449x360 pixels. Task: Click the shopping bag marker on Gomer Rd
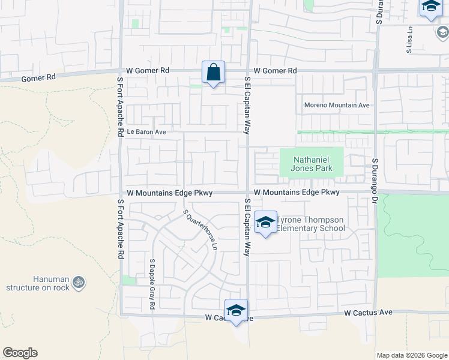(213, 73)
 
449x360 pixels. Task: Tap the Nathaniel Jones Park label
(312, 164)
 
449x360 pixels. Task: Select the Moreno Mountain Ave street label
(337, 105)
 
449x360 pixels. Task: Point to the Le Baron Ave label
(145, 131)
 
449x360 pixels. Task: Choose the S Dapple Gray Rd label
(152, 284)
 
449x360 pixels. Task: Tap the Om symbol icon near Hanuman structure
(79, 281)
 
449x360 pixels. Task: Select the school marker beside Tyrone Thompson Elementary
(265, 223)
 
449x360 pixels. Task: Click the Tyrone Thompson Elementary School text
(311, 224)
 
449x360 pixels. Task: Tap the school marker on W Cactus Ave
(237, 310)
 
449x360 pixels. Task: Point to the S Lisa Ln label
(409, 41)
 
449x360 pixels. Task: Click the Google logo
(20, 353)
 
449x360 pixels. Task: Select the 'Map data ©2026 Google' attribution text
(411, 355)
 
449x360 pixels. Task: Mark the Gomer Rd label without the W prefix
(38, 77)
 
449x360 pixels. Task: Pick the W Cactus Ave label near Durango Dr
(368, 313)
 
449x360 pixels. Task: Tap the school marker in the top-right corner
(430, 7)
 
